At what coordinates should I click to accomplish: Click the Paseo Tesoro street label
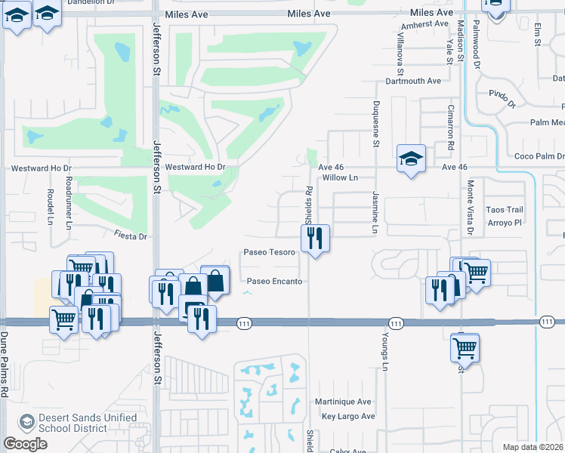(269, 252)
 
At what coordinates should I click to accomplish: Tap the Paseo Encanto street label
(274, 282)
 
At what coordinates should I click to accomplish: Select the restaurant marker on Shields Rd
(315, 239)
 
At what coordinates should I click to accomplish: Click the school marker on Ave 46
(410, 159)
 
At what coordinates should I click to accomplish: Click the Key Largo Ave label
(348, 416)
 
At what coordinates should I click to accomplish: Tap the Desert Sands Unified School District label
(89, 423)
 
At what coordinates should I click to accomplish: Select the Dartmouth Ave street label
(412, 81)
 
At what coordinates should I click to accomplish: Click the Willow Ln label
(339, 178)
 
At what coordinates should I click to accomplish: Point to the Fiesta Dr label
(130, 236)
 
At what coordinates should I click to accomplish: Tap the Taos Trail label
(505, 209)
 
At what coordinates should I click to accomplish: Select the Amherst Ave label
(425, 23)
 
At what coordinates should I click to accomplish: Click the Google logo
(25, 444)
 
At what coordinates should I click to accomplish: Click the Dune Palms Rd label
(5, 365)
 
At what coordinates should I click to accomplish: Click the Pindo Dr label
(502, 97)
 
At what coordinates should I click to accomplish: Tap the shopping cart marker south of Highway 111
(465, 348)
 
